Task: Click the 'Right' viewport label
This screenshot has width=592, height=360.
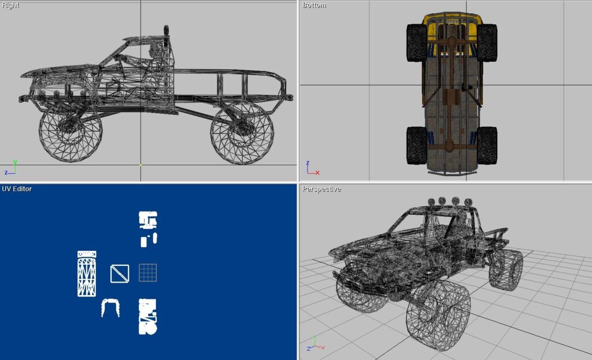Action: coord(10,5)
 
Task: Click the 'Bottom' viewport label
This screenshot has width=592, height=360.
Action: coord(314,5)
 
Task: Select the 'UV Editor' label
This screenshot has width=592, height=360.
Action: coord(17,189)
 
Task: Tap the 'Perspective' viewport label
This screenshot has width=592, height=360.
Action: coord(321,189)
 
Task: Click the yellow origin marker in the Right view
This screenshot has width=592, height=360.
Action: coord(140,165)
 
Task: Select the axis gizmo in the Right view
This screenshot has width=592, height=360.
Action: coord(10,168)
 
